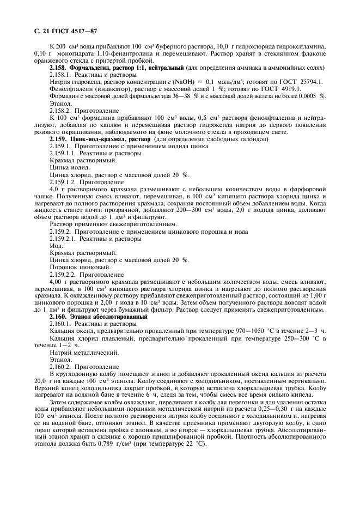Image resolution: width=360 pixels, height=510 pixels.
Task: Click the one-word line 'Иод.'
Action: point(56,246)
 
